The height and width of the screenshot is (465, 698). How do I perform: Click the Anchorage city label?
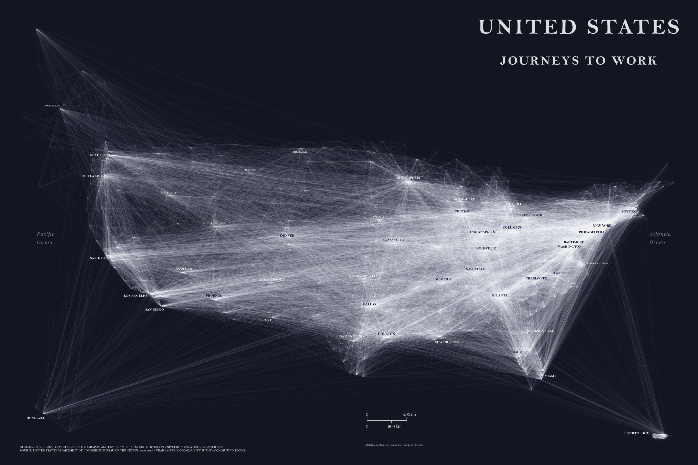[x=51, y=106]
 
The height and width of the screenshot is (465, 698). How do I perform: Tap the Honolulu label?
[x=36, y=417]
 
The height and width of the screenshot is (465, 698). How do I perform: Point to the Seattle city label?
[x=98, y=155]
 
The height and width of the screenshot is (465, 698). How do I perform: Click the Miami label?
[x=550, y=376]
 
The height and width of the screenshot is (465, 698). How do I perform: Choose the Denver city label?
[x=287, y=236]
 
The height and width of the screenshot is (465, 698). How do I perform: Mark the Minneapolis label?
[x=408, y=178]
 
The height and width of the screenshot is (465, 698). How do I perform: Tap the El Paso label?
[x=264, y=320]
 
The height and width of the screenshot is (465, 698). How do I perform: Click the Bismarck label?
[x=300, y=152]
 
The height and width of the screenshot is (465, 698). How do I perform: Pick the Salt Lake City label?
[x=214, y=224]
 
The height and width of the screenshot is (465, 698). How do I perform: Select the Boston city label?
[x=628, y=211]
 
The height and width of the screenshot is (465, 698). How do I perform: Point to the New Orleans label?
[x=447, y=342]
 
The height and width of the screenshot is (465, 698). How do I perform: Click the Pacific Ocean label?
[x=45, y=238]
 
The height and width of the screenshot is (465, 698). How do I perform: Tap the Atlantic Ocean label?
[x=660, y=238]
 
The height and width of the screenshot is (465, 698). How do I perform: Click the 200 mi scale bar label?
[x=409, y=414]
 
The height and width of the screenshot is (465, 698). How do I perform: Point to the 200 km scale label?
[x=395, y=427]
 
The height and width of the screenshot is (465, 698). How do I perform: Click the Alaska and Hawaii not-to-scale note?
[x=395, y=445]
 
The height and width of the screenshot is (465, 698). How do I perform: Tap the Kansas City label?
[x=393, y=240]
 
